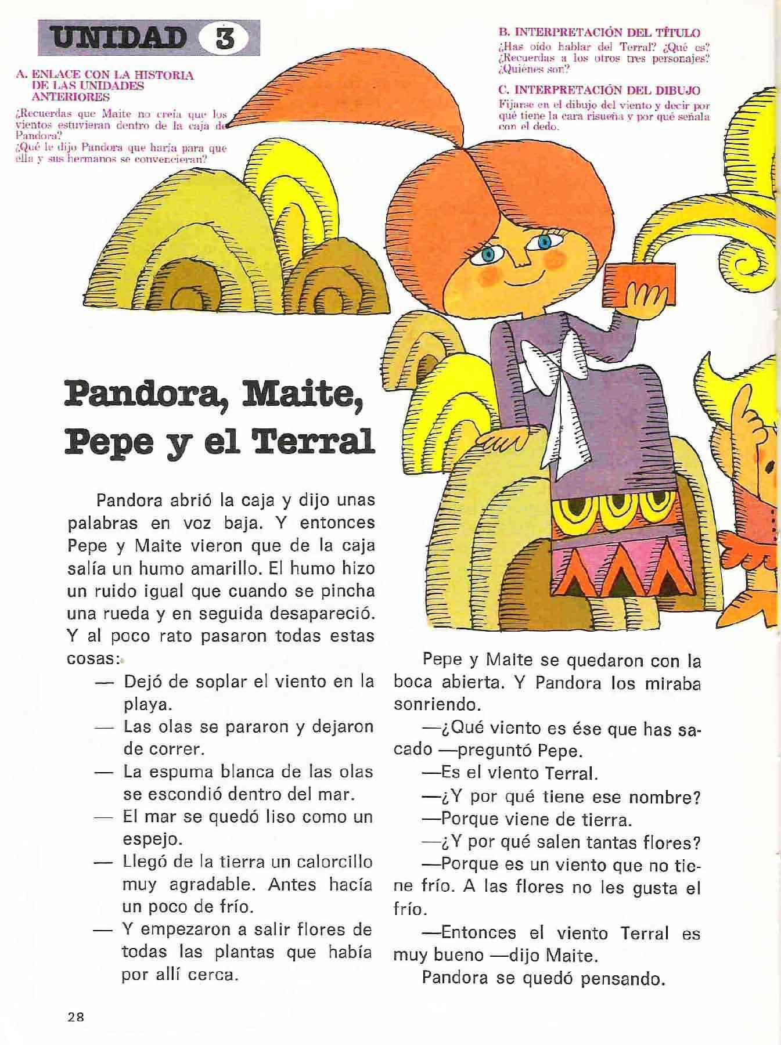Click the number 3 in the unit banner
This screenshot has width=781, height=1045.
[224, 39]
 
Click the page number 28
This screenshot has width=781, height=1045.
[76, 1017]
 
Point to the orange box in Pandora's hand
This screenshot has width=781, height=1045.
[640, 284]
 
